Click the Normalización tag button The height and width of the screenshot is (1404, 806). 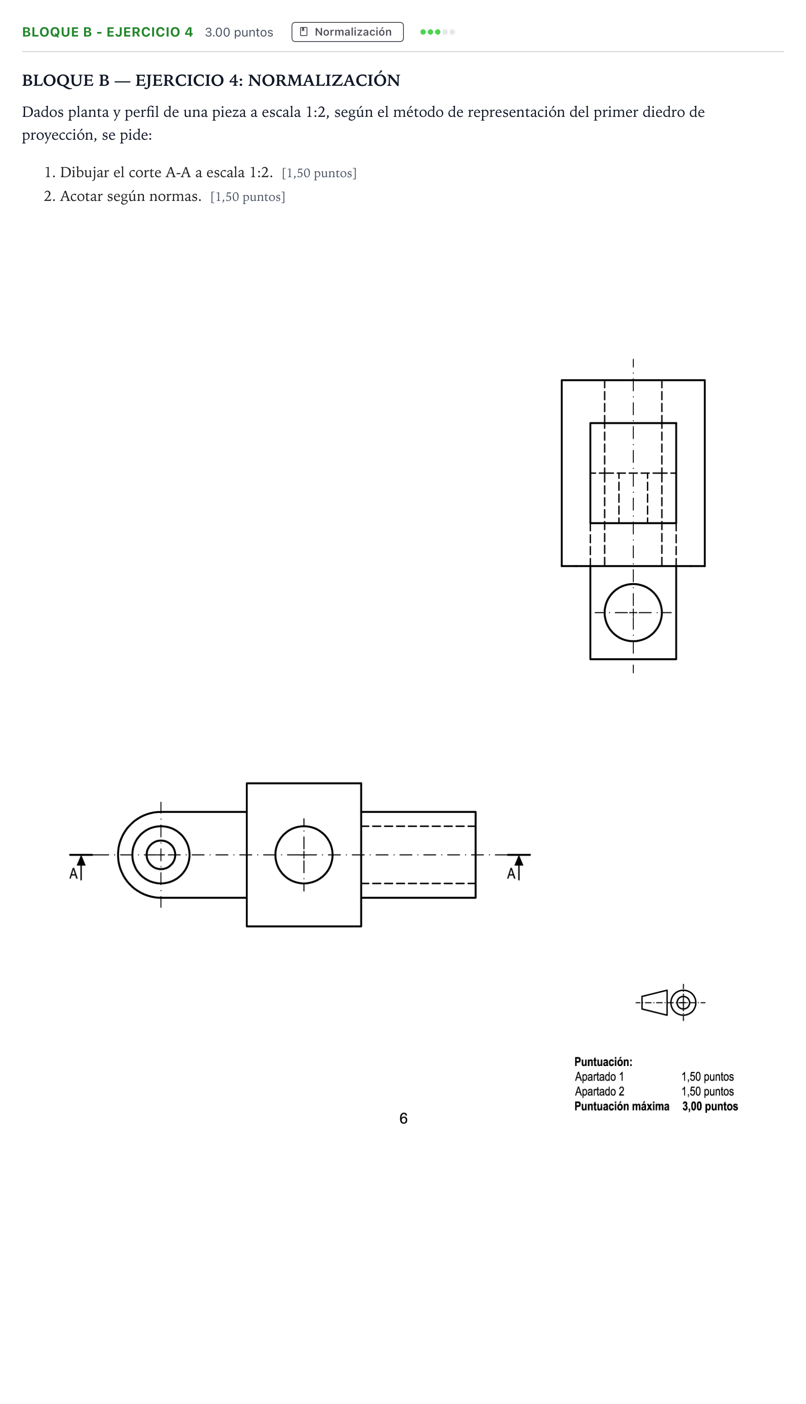click(x=347, y=32)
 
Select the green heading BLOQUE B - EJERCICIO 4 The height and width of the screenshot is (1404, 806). click(x=107, y=32)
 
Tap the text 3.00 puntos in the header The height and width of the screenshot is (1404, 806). click(x=239, y=32)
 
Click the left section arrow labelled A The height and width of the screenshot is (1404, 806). click(x=81, y=866)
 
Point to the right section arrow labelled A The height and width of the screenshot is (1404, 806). click(x=519, y=866)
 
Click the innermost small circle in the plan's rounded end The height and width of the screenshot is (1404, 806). click(x=160, y=855)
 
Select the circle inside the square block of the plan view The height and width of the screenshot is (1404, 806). click(x=304, y=855)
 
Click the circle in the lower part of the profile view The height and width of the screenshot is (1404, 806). click(x=633, y=612)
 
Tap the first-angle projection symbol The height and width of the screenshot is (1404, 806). click(x=670, y=1003)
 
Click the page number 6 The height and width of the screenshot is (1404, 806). click(x=403, y=1119)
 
